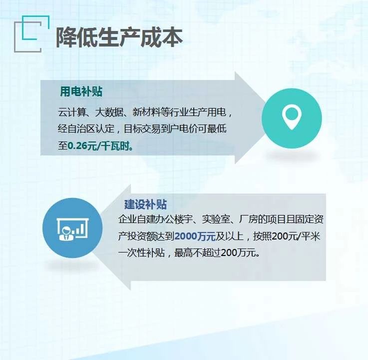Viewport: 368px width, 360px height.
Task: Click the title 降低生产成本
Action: point(119,37)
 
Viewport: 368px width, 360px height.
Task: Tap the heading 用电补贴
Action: point(81,91)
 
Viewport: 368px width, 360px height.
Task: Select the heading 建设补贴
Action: point(145,204)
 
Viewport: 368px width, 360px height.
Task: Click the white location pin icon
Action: point(292,117)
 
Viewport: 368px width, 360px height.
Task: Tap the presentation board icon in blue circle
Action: point(72,229)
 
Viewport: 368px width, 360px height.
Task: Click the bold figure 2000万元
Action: point(195,236)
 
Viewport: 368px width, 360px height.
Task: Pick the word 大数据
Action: point(109,112)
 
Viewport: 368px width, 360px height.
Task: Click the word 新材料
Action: point(146,112)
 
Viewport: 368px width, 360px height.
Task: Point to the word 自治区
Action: point(86,129)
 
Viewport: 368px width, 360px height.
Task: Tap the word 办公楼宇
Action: point(174,219)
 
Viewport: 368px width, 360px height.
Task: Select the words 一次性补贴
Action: point(141,253)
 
